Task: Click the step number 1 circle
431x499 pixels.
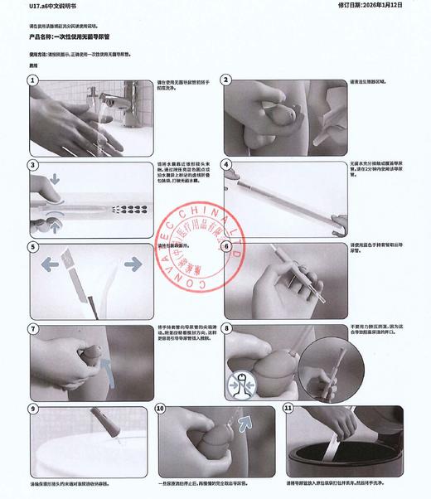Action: point(34,81)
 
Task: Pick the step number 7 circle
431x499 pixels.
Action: point(34,328)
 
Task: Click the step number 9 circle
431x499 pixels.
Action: point(34,409)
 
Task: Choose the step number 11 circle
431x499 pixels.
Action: point(287,409)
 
